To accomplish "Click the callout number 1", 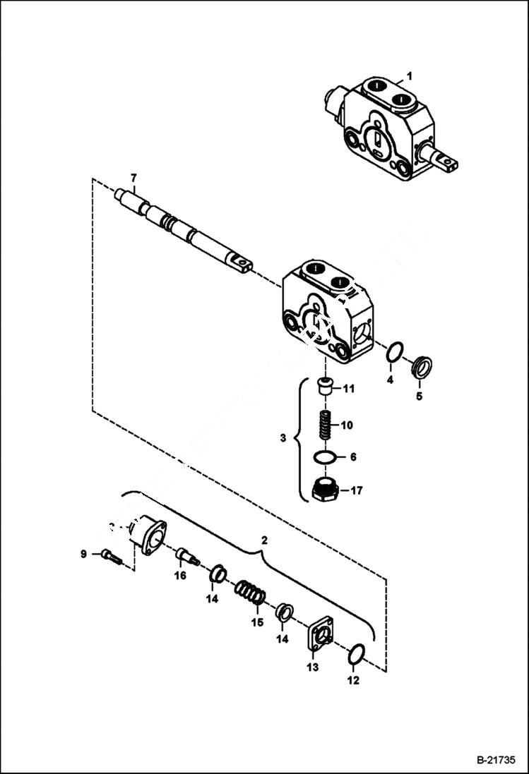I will [x=409, y=75].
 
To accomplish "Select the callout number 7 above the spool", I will [x=131, y=176].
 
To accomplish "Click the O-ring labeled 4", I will [x=397, y=351].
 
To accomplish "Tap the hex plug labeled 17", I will [x=325, y=488].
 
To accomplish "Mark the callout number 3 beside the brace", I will [x=283, y=438].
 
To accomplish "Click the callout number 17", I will [x=356, y=490].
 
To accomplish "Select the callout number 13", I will [x=312, y=667].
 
